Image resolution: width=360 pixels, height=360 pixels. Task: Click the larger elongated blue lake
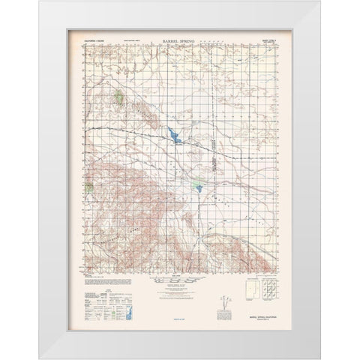coord(174,136)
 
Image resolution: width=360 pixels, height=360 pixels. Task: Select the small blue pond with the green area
coord(197,187)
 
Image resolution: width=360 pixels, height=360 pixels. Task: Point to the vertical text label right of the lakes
coord(212,159)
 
